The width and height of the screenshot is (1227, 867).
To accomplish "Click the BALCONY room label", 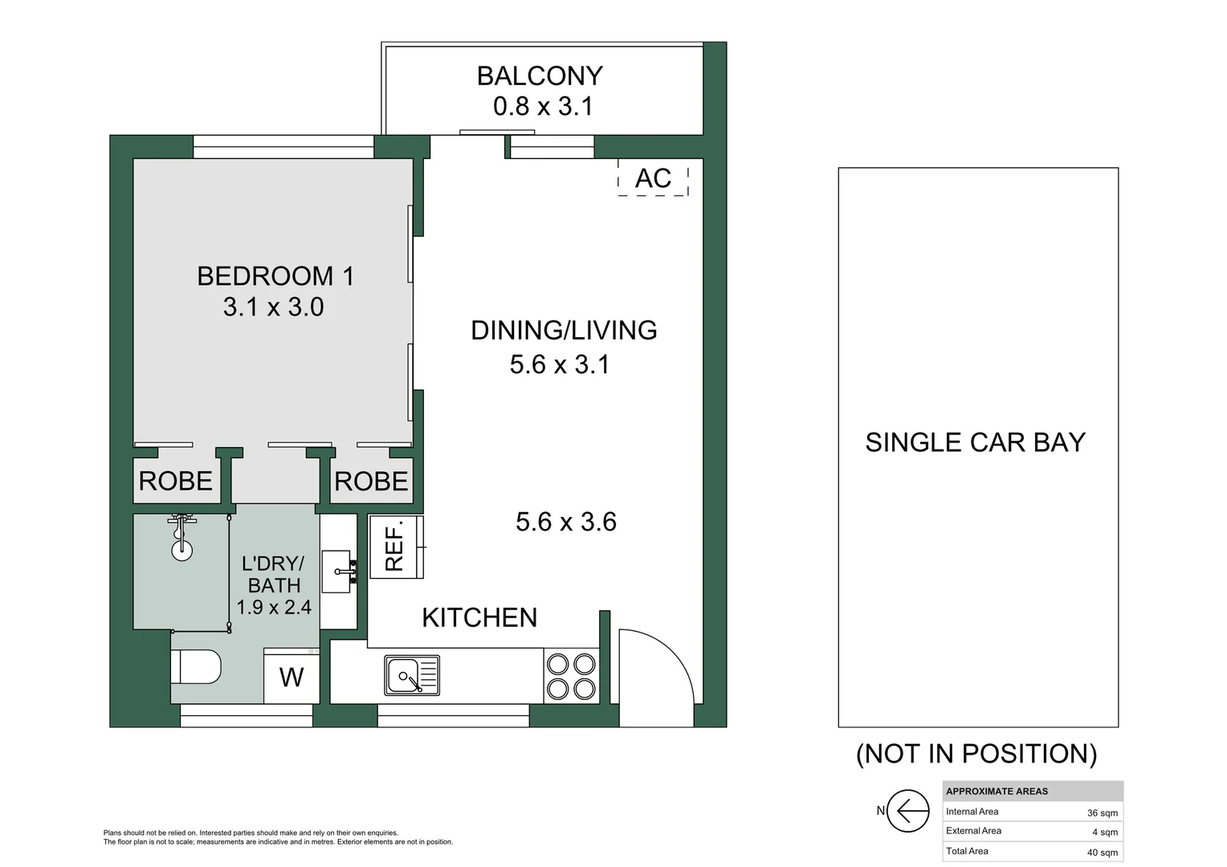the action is tap(540, 76).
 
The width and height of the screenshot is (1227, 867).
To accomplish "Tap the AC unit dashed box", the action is tap(653, 177).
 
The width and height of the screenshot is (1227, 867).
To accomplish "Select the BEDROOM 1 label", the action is tap(275, 276).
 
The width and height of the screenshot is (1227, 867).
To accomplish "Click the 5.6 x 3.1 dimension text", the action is tap(559, 364).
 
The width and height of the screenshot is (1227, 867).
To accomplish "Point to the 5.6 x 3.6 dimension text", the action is tap(566, 522).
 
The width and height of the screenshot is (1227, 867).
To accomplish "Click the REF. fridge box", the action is tap(396, 547).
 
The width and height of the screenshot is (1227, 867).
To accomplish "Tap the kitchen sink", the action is tap(412, 675).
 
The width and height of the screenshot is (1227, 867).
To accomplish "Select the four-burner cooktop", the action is tap(571, 676).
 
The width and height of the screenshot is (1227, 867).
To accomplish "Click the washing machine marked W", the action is tap(291, 677).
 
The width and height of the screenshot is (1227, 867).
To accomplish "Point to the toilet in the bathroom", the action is tap(196, 666).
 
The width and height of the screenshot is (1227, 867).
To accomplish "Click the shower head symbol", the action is tap(181, 537).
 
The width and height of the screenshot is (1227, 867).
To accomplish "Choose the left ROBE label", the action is tap(175, 482).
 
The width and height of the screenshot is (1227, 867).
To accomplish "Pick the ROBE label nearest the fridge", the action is tap(371, 482).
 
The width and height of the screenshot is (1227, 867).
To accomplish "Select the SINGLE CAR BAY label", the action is tap(975, 442).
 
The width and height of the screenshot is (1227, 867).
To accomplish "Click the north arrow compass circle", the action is tap(907, 810).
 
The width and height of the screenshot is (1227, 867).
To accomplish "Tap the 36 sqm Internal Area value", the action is tap(1102, 813).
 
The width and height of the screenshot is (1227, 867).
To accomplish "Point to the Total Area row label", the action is tap(967, 851).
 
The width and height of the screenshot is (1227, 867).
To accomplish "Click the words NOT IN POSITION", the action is tap(976, 754).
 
